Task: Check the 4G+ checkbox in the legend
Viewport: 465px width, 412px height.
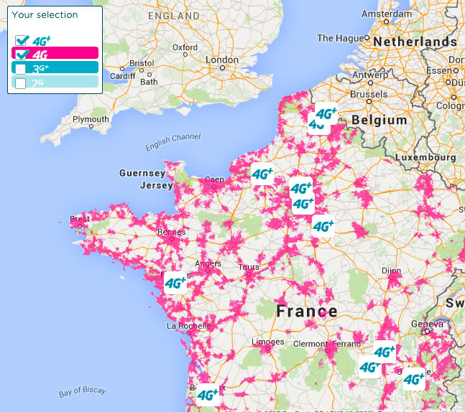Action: click(22, 40)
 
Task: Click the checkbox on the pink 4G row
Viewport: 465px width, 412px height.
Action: click(22, 55)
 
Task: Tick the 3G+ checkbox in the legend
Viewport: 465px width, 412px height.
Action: click(21, 69)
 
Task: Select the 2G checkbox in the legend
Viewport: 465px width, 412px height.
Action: click(21, 83)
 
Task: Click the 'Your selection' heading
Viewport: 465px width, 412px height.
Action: click(45, 14)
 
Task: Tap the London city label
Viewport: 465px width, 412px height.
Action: click(221, 60)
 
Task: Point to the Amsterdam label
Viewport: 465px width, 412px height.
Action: click(386, 14)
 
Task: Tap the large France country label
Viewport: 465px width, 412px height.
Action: click(307, 312)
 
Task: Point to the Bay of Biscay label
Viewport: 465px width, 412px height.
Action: click(82, 392)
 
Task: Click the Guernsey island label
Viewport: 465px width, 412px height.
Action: click(142, 173)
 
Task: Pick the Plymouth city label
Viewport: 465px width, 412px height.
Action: click(91, 119)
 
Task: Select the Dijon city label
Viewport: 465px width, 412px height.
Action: click(391, 271)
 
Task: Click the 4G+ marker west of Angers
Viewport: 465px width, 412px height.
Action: click(175, 284)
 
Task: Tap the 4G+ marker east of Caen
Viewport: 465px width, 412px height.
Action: click(262, 174)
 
